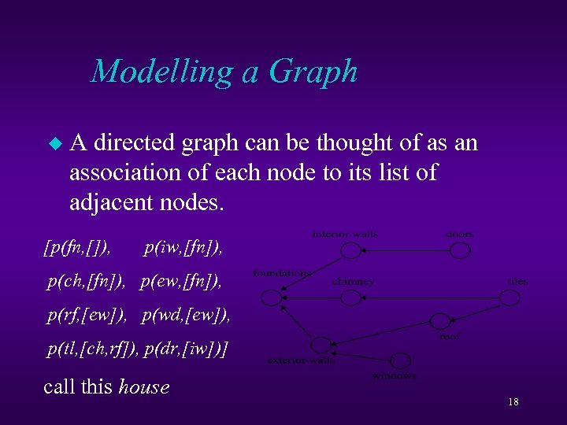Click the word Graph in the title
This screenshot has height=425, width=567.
click(x=313, y=72)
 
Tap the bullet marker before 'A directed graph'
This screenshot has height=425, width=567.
click(x=54, y=145)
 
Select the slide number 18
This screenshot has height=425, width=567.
click(x=513, y=402)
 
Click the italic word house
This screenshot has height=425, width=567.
click(x=143, y=386)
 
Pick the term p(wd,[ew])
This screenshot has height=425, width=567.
click(x=187, y=316)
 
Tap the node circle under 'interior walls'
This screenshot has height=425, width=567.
click(x=350, y=250)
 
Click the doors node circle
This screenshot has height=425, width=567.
click(x=460, y=250)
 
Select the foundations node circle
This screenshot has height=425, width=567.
click(x=271, y=297)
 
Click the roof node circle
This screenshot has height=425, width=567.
click(x=439, y=322)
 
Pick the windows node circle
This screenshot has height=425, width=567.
click(x=401, y=360)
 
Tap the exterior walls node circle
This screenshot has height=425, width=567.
click(x=321, y=345)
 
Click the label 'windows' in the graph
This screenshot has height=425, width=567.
click(x=394, y=375)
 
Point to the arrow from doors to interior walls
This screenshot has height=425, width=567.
click(x=406, y=250)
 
